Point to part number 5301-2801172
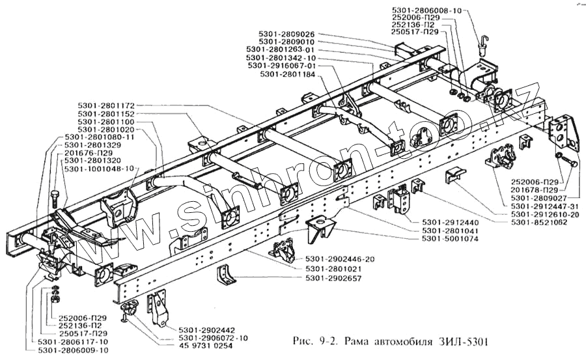(106, 105)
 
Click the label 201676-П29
(92, 153)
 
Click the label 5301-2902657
(334, 279)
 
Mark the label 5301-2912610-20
(544, 214)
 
